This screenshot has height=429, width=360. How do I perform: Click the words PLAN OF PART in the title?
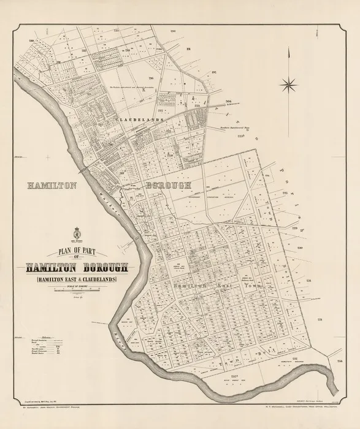point(77,249)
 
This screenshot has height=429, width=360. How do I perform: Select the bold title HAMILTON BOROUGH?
point(77,267)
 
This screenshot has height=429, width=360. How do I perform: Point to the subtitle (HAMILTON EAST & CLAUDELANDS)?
point(77,280)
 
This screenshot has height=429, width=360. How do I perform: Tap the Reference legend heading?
point(50,336)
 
